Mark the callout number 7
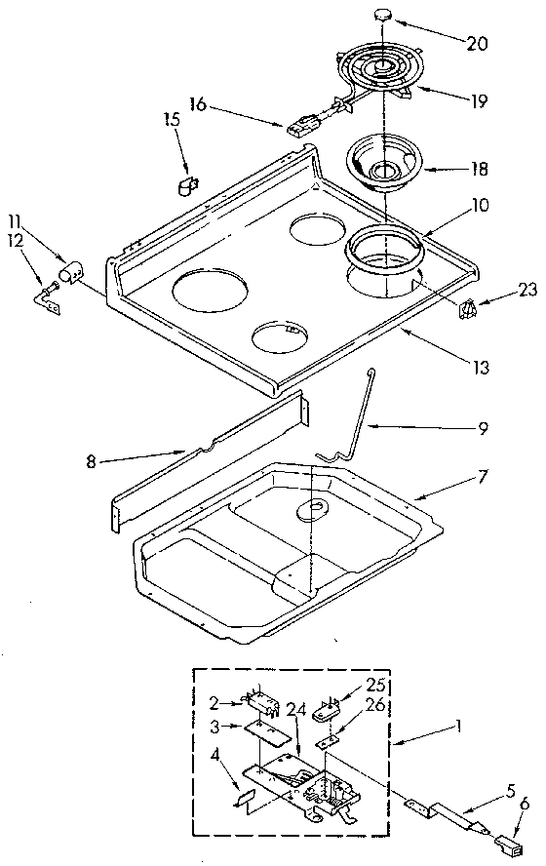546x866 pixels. click(484, 478)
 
